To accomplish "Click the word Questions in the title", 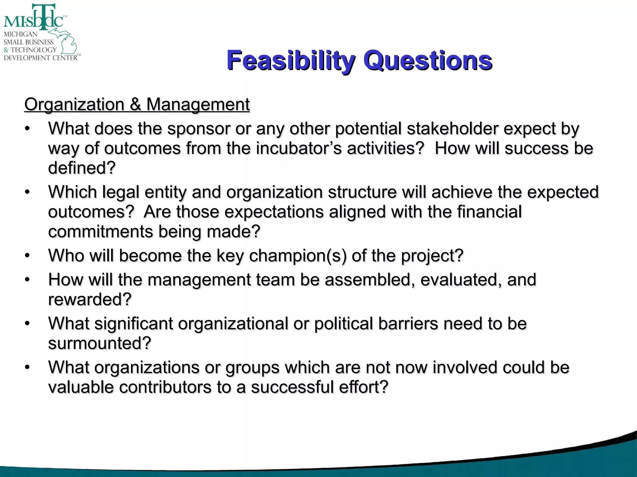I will (428, 61).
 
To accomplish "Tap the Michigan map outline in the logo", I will (67, 42).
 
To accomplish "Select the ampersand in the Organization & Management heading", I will (135, 104).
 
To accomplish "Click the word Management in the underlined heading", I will (198, 104).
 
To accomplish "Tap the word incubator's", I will (299, 148).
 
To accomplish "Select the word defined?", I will (82, 168).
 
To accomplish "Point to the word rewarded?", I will (90, 300).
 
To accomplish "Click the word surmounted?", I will (100, 343).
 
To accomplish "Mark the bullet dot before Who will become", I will (27, 256).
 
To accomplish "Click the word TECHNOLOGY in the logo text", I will (34, 50).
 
